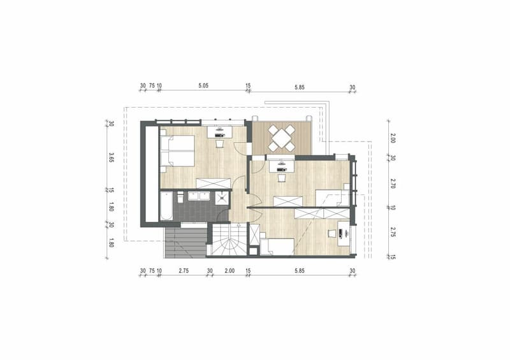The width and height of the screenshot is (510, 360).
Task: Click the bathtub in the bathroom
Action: [166, 206]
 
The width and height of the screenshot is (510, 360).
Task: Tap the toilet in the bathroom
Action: [180, 197]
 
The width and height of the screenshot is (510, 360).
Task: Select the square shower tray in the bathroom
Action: [222, 198]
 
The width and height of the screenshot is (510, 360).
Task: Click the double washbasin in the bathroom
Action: [199, 196]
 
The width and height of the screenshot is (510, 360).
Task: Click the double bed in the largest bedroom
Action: [177, 151]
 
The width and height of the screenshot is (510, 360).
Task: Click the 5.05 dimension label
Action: [203, 86]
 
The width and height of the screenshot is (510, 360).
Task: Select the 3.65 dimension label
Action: [111, 157]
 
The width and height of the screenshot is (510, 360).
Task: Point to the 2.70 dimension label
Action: [393, 184]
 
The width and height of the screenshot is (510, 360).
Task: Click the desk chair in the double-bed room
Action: [219, 143]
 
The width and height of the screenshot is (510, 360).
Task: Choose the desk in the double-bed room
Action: [220, 132]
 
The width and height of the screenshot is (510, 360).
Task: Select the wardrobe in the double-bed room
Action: [214, 183]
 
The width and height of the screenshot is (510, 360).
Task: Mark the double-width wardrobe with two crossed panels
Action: [322, 213]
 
